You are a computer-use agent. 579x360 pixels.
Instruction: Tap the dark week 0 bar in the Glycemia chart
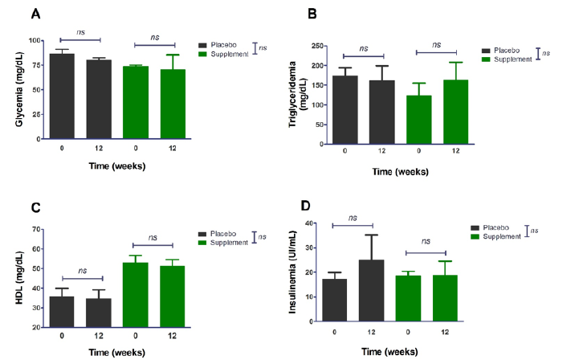62,96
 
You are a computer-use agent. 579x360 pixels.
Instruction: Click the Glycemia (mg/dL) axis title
18,89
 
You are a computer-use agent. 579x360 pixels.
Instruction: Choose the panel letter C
35,208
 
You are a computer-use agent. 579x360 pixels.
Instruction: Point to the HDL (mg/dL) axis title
18,278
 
